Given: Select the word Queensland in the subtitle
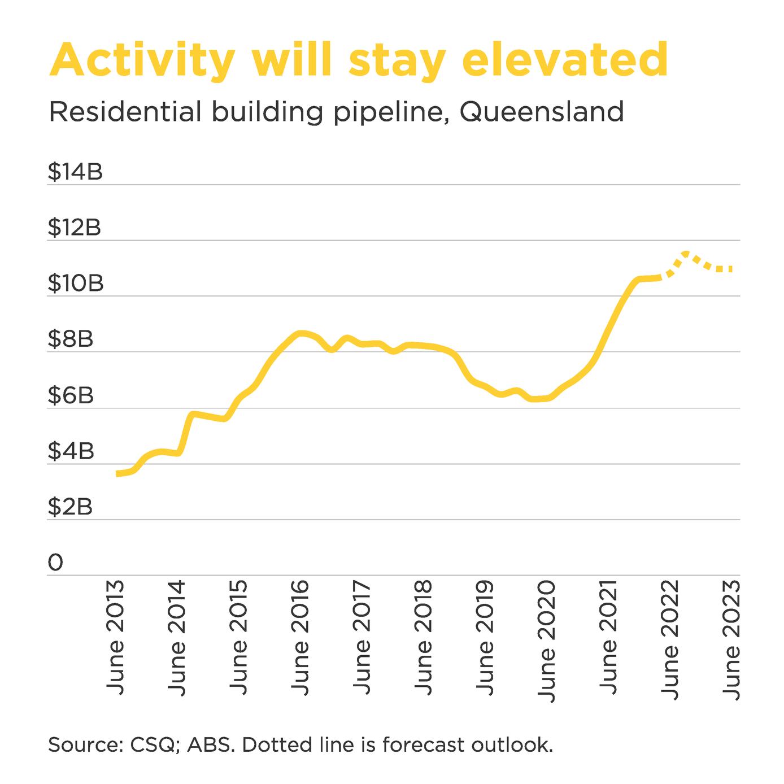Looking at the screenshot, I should click(542, 112).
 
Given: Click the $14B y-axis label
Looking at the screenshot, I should click(75, 172).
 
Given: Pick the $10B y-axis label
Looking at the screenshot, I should click(76, 284).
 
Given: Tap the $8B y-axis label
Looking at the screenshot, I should click(71, 339).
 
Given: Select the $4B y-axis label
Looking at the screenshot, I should click(71, 451).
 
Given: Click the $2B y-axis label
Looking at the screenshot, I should click(70, 507).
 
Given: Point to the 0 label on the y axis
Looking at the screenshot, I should click(55, 563).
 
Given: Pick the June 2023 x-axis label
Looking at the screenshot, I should click(731, 639).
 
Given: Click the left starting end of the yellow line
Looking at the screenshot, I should click(117, 473).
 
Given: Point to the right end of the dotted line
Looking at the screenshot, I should click(731, 269).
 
